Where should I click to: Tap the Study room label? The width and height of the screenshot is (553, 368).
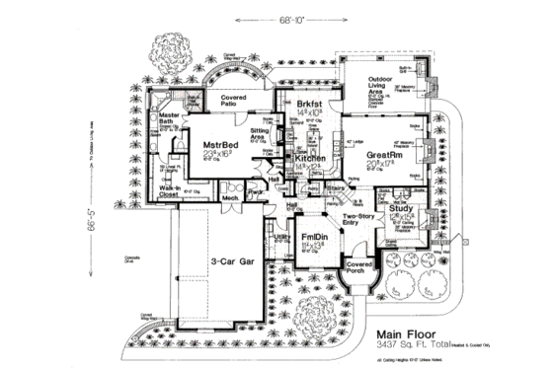[x=401, y=209]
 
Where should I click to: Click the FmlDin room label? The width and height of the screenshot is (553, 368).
[x=315, y=237]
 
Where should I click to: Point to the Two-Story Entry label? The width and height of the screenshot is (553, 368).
[x=355, y=222]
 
